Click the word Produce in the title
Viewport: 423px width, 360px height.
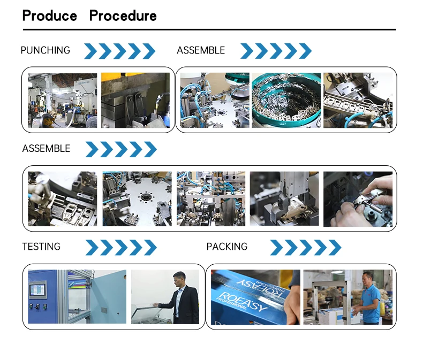[49, 16]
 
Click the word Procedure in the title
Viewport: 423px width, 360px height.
[123, 16]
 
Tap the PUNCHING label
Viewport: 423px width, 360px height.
[45, 50]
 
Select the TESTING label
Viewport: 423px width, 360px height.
[41, 247]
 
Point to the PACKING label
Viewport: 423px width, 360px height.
[227, 247]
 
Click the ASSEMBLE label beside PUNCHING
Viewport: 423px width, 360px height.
[201, 50]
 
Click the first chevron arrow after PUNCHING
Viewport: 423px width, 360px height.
[90, 51]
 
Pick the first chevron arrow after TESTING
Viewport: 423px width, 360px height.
[92, 248]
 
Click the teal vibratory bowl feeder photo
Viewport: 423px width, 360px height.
[286, 101]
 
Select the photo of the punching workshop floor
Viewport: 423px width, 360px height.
[63, 101]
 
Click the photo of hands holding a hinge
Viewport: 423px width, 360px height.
[358, 199]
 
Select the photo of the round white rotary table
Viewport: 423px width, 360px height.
[137, 199]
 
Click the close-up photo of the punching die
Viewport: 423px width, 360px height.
[135, 101]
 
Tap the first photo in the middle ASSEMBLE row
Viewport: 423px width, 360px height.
[63, 199]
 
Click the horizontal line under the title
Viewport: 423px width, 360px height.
[209, 29]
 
